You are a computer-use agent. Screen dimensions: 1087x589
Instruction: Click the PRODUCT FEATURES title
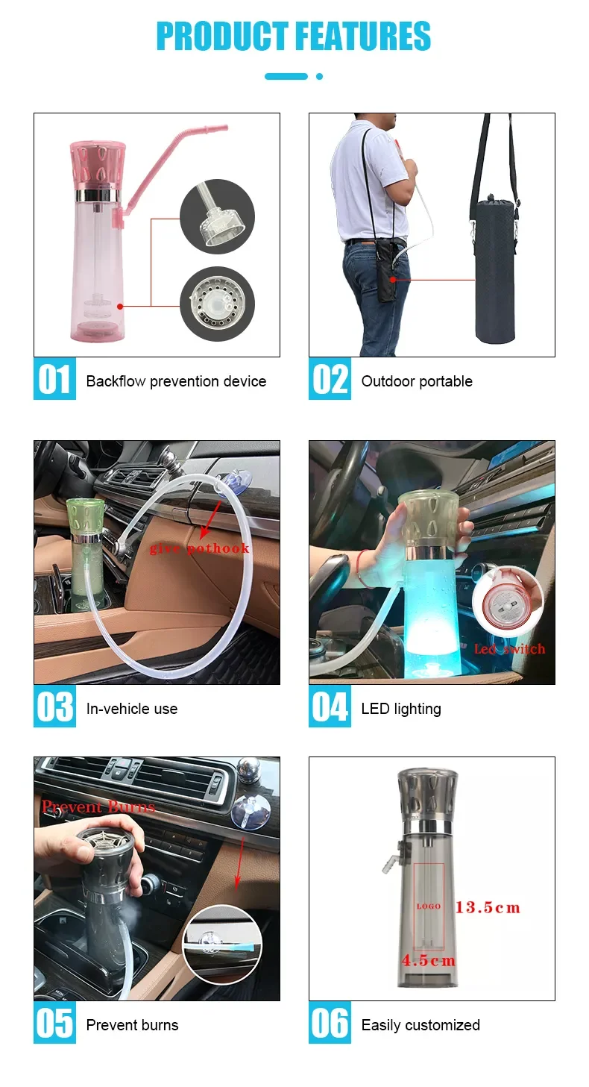294,37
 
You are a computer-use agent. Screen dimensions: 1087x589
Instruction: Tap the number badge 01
54,379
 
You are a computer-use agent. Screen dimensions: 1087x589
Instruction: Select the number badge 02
330,379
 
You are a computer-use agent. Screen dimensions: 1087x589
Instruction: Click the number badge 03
54,707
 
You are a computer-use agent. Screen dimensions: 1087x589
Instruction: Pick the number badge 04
330,707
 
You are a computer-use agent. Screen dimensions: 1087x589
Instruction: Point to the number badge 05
54,1023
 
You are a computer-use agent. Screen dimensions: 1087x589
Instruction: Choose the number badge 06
330,1023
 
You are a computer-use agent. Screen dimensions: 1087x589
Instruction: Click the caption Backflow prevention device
176,381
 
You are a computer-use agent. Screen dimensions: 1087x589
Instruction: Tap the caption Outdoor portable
417,381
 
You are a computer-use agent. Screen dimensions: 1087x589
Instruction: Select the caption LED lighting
401,709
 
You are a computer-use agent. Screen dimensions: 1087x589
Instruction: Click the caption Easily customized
421,1025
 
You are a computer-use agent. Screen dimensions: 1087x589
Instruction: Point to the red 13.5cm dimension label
488,908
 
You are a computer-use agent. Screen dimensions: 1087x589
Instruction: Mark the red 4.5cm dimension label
429,960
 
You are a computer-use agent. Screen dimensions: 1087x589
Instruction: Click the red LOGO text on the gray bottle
429,906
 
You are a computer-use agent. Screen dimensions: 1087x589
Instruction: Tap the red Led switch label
509,649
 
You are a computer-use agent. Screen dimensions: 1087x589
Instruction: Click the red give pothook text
199,548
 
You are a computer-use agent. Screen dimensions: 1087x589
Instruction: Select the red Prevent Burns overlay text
98,806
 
